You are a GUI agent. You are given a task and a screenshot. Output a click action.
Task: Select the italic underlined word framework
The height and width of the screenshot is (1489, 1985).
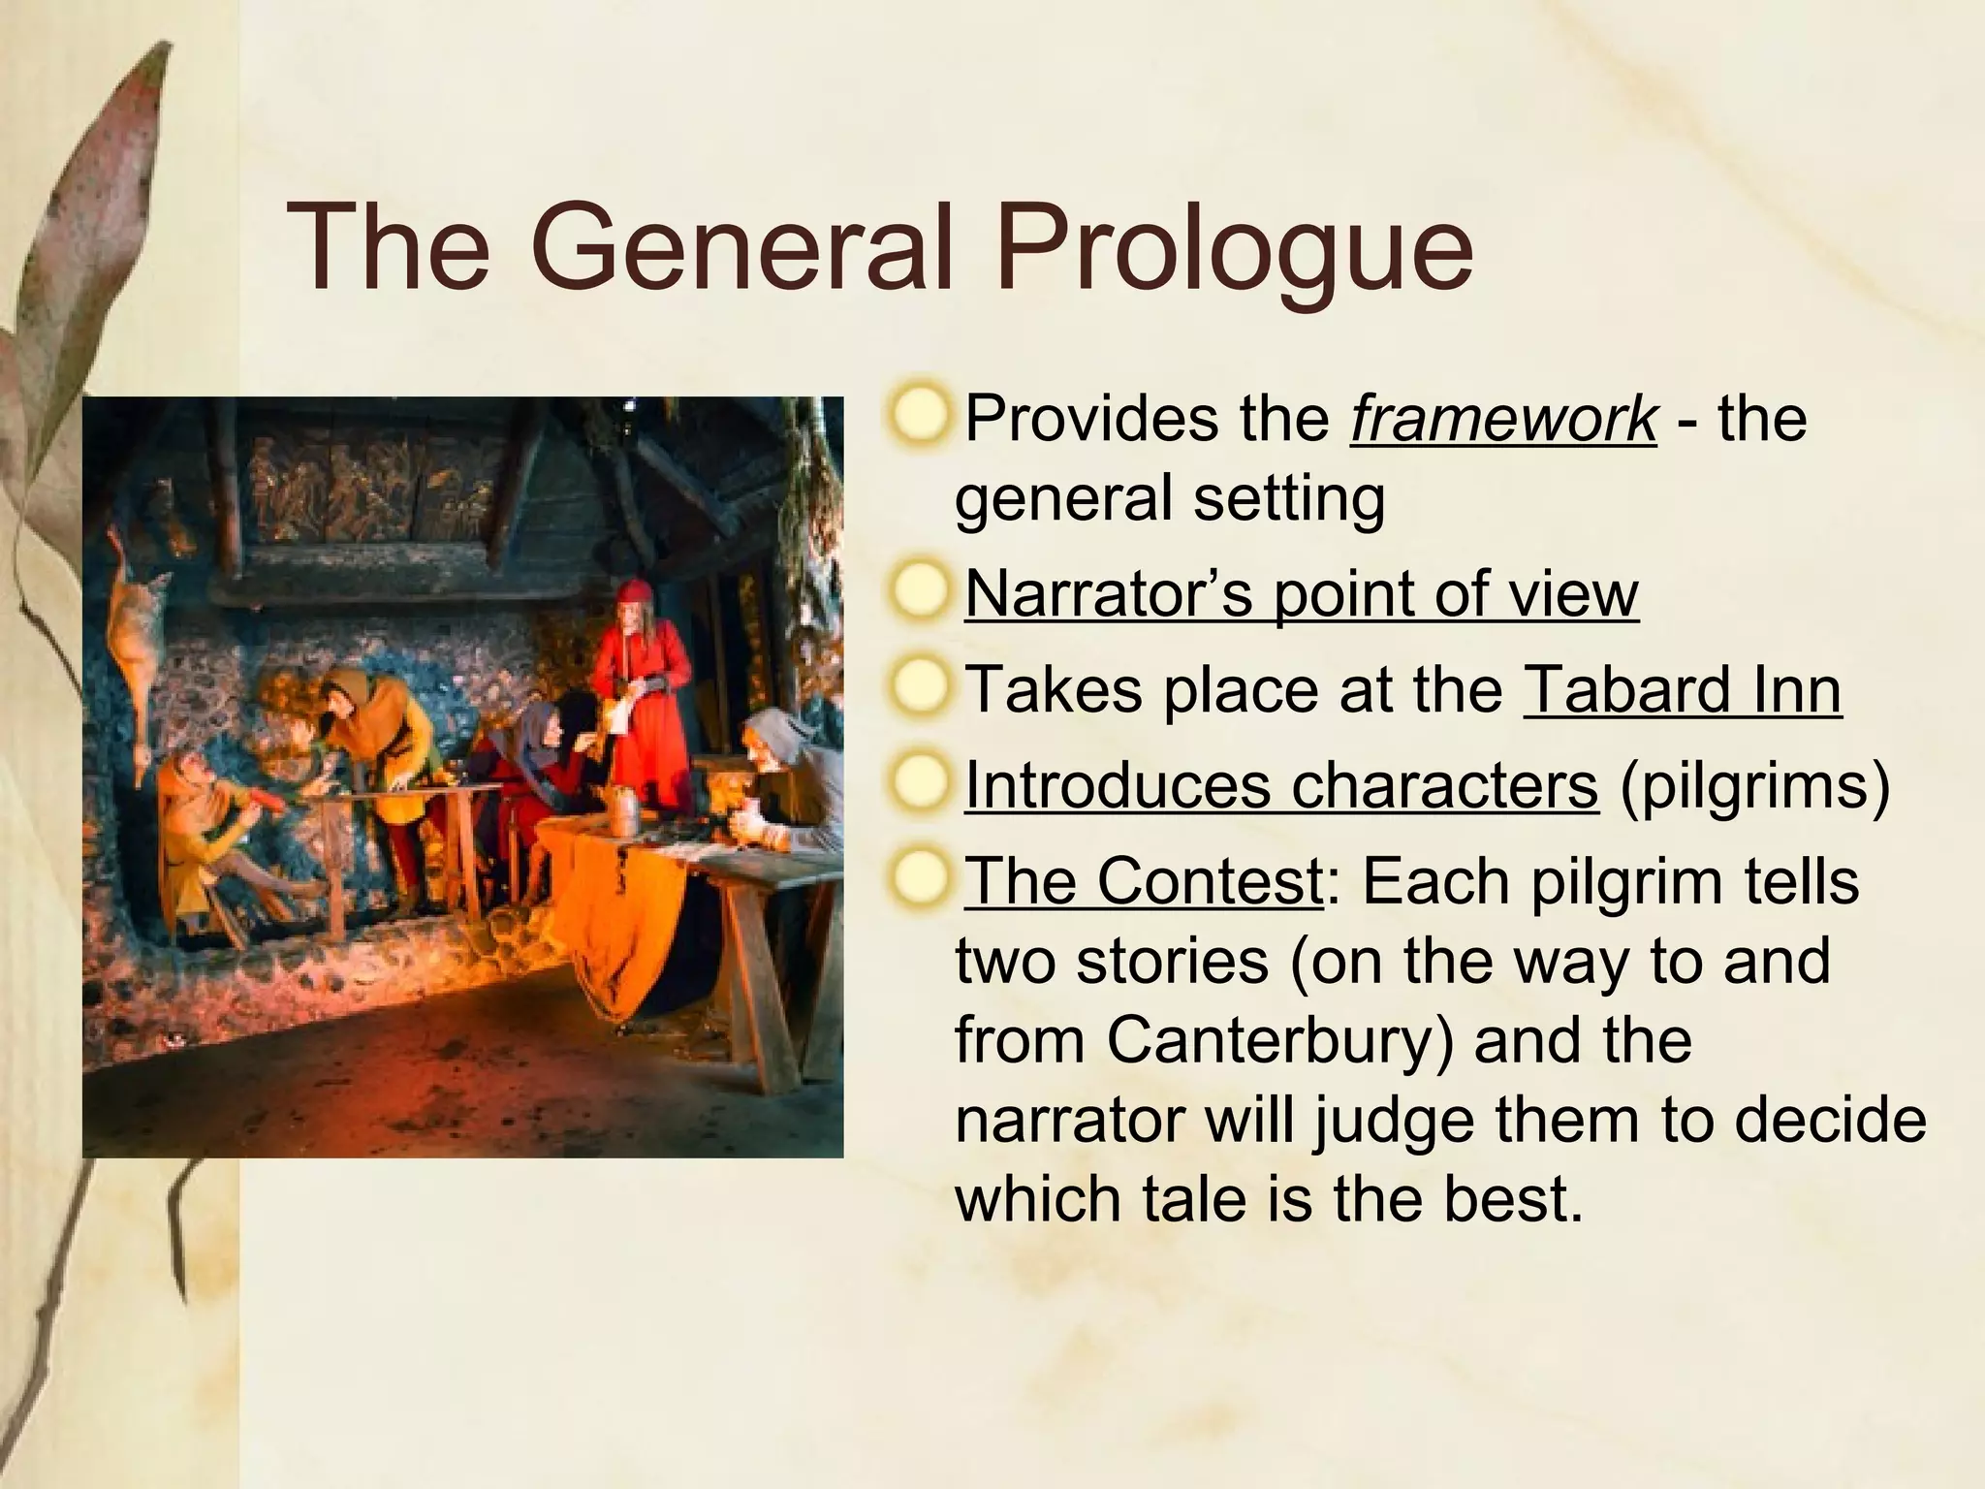click(x=1503, y=420)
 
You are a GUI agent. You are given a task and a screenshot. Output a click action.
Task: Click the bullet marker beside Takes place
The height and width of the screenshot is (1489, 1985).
click(x=919, y=689)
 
